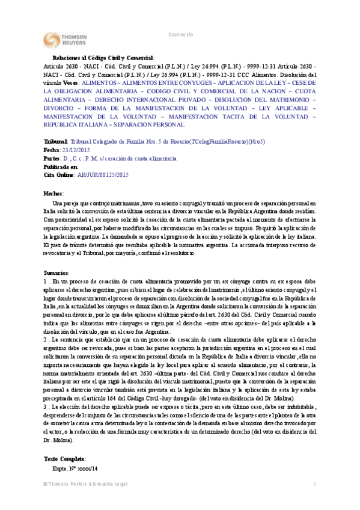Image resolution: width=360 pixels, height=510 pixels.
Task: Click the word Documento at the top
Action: tap(180, 35)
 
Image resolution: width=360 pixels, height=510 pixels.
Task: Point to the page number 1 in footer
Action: tap(314, 502)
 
